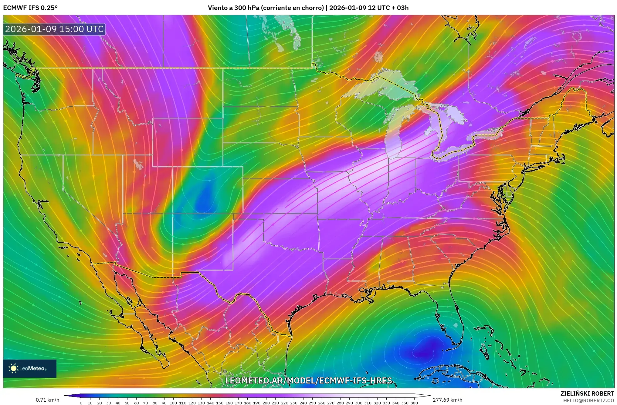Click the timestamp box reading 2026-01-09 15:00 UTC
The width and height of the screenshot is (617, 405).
pyautogui.click(x=55, y=29)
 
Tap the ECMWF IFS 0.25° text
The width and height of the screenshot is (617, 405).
pyautogui.click(x=30, y=8)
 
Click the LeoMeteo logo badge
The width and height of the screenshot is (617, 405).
pyautogui.click(x=30, y=368)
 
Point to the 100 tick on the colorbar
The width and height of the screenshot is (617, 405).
pyautogui.click(x=173, y=403)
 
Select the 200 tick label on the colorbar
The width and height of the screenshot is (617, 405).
pyautogui.click(x=266, y=403)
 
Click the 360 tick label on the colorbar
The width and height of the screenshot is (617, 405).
pyautogui.click(x=414, y=403)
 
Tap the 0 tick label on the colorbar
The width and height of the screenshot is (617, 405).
pyautogui.click(x=81, y=403)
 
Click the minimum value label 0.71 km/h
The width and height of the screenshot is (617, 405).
pyautogui.click(x=47, y=400)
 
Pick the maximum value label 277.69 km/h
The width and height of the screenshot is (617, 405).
pyautogui.click(x=447, y=400)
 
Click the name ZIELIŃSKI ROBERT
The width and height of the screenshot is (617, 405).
pyautogui.click(x=587, y=393)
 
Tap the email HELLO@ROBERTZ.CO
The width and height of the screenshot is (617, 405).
pyautogui.click(x=588, y=400)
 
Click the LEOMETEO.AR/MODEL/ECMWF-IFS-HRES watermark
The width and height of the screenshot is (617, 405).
pyautogui.click(x=308, y=380)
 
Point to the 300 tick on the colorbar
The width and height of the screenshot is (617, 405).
pyautogui.click(x=359, y=403)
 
